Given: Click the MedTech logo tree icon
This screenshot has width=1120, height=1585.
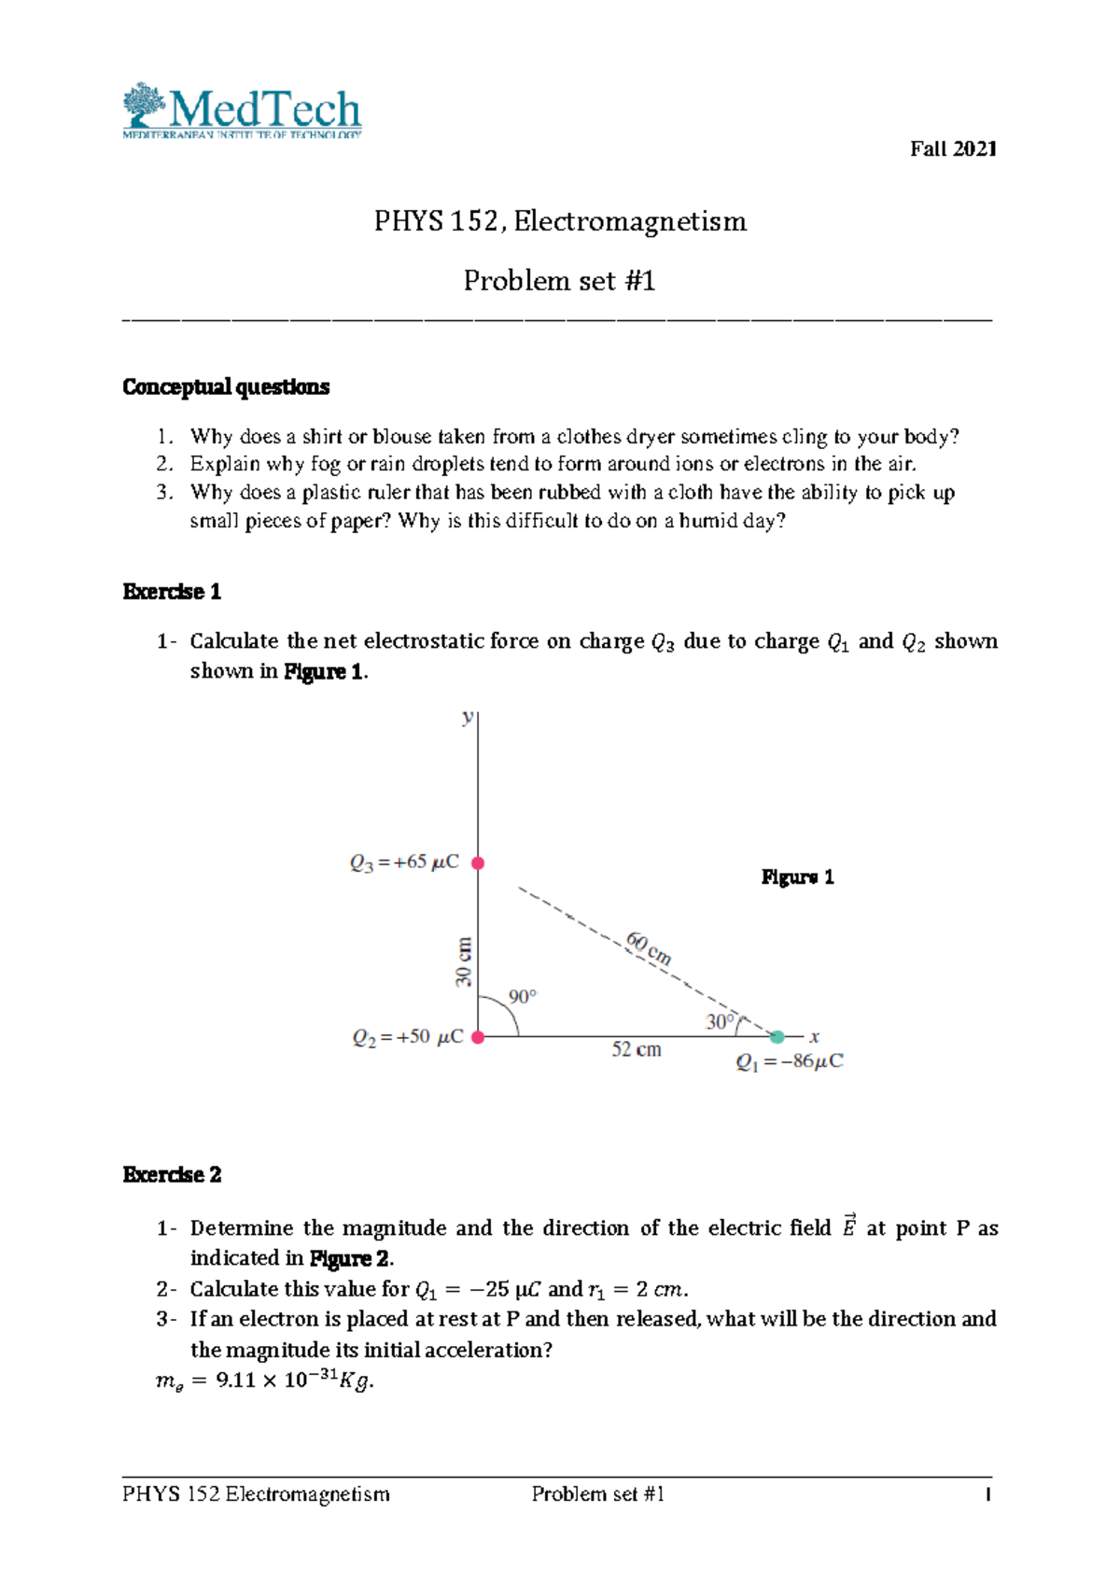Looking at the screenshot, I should point(144,105).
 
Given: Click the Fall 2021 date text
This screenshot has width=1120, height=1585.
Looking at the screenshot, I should point(953,149).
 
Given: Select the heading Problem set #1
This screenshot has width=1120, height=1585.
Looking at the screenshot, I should point(559,281).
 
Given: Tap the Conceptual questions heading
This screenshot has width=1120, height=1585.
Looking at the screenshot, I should point(226,387).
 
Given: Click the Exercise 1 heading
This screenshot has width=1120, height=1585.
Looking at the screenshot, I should point(172,592).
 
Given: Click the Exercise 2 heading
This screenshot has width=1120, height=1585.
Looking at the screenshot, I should point(172,1175).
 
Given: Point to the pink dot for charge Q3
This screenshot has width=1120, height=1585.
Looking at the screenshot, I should point(478,863).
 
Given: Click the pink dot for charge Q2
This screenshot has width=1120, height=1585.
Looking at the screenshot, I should point(478,1037).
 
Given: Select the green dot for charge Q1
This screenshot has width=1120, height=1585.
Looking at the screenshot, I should point(777,1036).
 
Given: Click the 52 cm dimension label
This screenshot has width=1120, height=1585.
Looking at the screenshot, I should point(637,1050).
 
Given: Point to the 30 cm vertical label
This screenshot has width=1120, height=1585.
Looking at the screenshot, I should point(464,962).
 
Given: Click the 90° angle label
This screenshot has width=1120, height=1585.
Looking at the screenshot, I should point(523,997).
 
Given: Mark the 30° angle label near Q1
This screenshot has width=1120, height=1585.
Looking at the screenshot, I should point(721,1022).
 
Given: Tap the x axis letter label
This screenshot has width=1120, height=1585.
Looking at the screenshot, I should point(815,1037).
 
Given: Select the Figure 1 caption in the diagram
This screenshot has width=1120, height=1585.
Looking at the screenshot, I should point(797,877).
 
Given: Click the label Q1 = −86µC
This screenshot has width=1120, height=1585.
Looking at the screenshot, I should point(790,1062).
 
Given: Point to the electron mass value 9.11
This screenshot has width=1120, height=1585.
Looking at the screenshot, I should point(235,1381).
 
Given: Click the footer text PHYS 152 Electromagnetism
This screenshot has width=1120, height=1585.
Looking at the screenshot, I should point(256,1494).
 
